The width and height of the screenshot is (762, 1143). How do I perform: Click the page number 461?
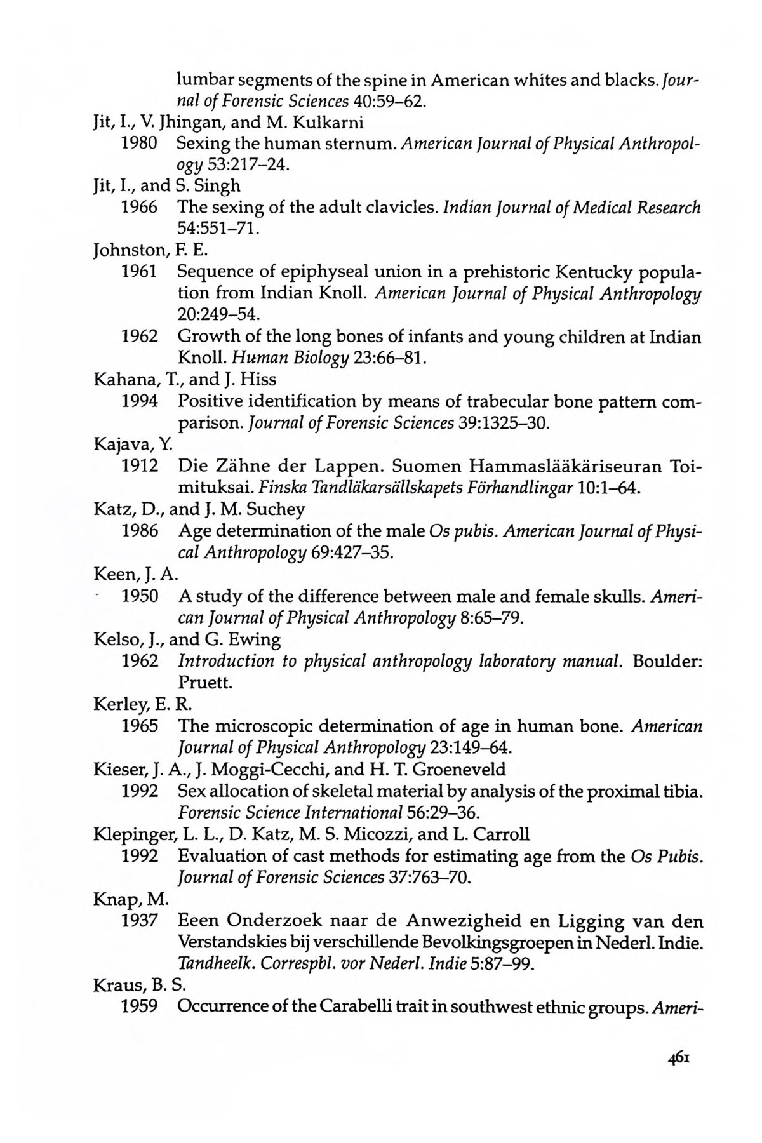click(678, 1059)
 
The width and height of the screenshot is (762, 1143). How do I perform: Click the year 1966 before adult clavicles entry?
click(139, 207)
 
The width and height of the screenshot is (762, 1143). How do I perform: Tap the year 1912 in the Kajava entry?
click(139, 466)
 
